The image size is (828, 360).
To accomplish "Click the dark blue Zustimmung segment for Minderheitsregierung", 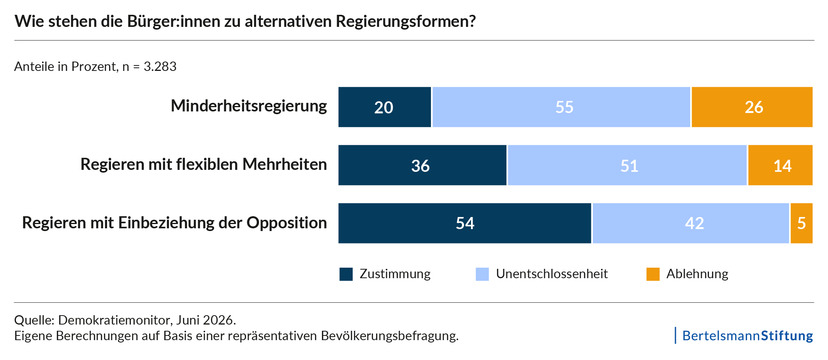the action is pos(385,107).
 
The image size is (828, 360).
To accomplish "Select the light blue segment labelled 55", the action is pos(561,107).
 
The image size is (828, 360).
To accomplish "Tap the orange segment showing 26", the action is pos(752,107).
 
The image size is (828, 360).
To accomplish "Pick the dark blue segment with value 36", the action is pos(422,165).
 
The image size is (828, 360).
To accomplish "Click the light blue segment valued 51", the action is pos(627,165).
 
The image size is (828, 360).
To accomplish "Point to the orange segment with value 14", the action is pos(780,165).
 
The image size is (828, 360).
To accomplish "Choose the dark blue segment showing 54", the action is pos(465,223).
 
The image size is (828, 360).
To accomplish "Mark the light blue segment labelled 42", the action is pos(691,223).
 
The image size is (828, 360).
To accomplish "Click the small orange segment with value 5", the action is pos(802,223).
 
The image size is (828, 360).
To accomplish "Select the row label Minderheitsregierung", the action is pos(249,107).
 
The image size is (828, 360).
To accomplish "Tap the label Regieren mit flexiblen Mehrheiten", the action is pos(203,165).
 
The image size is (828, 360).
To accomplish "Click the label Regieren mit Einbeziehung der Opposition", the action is pos(174,223).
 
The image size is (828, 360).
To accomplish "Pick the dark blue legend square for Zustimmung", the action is pos(345,274).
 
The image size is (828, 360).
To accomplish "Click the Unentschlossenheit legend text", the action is pos(552,274).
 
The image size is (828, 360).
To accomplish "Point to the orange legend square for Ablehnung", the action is pos(653,274).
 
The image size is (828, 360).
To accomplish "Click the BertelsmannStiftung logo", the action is pos(747,336).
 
